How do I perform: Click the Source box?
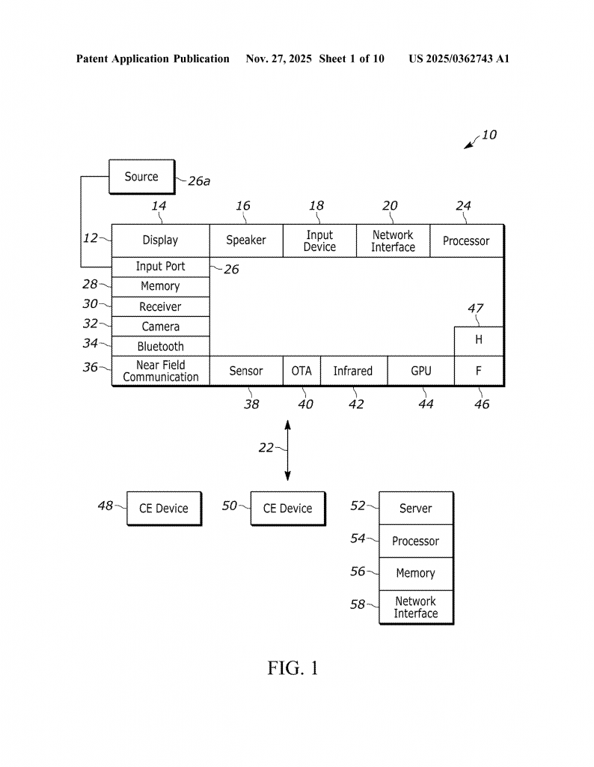coord(141,178)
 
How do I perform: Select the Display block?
coord(160,240)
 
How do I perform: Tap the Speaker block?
coord(246,240)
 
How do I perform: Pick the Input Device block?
coord(319,240)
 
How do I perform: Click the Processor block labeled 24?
coord(466,240)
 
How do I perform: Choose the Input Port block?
coord(160,267)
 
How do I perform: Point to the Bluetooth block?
coord(160,347)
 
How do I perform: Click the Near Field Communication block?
coord(160,371)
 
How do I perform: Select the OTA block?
coord(301,371)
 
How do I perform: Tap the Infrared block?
coord(353,371)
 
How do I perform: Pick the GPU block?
coord(420,371)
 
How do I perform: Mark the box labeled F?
coord(479,371)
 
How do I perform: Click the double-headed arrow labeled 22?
coord(288,451)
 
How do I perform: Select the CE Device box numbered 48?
coord(164,509)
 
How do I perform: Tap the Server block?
coord(416,509)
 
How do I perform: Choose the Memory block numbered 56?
coord(416,573)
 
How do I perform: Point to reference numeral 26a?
coord(199,181)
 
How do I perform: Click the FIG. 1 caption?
coord(293,668)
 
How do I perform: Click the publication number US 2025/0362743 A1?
coord(459,58)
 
